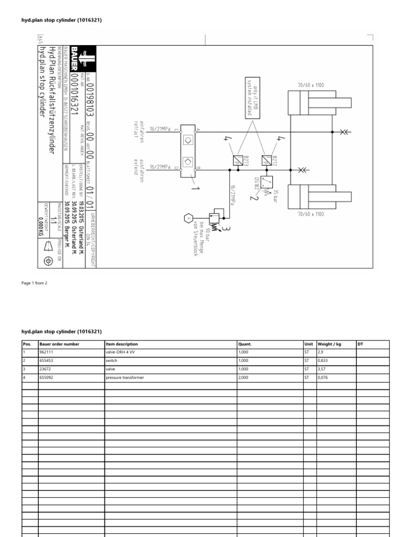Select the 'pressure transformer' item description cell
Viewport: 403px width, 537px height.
(124, 378)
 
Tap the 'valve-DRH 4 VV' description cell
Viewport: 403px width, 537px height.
(121, 352)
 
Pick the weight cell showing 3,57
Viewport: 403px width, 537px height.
(323, 369)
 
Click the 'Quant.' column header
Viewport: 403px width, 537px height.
(245, 344)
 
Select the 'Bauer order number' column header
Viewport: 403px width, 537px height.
(59, 344)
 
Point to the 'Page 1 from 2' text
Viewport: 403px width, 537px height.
(34, 283)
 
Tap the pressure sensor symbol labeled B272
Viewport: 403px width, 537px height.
(268, 159)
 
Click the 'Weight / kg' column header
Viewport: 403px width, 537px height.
(330, 344)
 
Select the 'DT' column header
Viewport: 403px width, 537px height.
(360, 344)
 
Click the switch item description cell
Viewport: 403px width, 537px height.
(111, 361)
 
